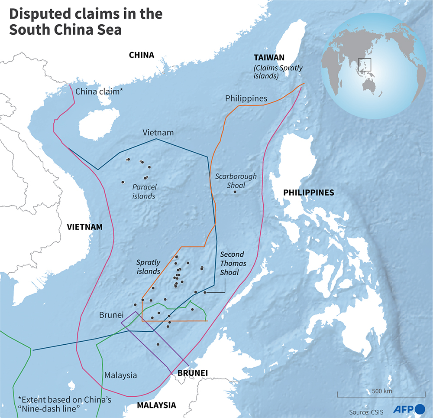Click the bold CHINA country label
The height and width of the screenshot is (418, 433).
142,55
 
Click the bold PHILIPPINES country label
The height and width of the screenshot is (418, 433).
308,193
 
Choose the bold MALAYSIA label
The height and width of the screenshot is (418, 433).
156,405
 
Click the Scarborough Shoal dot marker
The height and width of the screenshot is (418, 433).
236,191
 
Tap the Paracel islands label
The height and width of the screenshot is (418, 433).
144,192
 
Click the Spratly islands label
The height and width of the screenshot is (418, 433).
148,267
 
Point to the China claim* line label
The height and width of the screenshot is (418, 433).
99,91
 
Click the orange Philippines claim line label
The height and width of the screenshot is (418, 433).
246,98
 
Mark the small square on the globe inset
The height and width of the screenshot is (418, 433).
365,64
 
